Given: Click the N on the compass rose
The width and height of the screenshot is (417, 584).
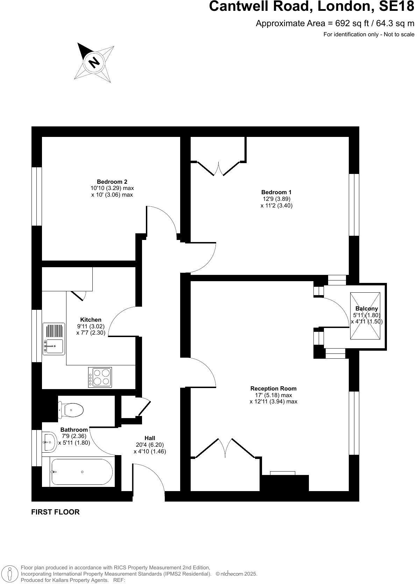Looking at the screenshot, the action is [94, 62].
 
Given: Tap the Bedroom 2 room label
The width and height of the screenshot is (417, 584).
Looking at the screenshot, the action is [112, 182].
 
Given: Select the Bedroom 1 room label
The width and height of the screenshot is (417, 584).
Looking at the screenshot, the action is [276, 192].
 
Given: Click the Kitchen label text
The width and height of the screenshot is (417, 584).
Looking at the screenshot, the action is [91, 320].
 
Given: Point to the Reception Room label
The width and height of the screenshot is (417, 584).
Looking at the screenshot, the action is [273, 388].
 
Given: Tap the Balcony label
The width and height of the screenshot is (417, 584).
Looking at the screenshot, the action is [367, 308].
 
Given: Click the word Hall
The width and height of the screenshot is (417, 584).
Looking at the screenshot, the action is [150, 438].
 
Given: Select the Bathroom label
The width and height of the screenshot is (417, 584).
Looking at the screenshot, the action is [74, 430].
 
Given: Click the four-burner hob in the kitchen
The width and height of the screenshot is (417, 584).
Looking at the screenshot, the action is [100, 377].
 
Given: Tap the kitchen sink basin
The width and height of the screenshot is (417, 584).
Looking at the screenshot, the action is [54, 346].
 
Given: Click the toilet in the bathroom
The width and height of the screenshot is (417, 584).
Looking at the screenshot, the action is [71, 410].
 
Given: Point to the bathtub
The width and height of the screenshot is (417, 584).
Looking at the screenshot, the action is [82, 472].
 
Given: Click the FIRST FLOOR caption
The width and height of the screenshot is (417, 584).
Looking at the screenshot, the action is [55, 512].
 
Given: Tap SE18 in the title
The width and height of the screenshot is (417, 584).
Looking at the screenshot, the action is [396, 6].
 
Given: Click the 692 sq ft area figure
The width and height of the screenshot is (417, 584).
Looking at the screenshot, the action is [352, 23].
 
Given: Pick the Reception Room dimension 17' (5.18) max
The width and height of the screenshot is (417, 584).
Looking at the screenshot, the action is [273, 395].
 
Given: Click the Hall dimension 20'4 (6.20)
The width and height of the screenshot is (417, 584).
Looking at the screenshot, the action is [150, 445].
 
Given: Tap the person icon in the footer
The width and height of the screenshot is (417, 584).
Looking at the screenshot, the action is [10, 574].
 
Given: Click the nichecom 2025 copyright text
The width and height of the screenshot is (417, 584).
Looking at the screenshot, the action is [236, 574].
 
